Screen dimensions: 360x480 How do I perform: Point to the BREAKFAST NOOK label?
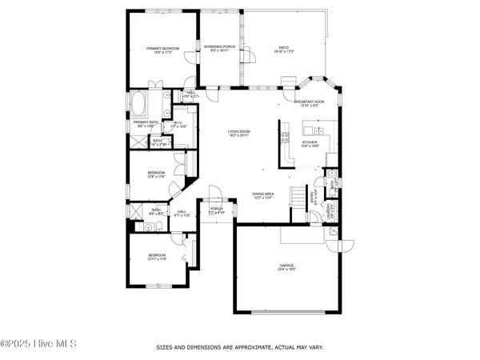click(x=308, y=102)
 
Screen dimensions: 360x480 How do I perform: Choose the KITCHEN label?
click(x=310, y=142)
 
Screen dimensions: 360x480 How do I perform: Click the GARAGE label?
click(x=287, y=266)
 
